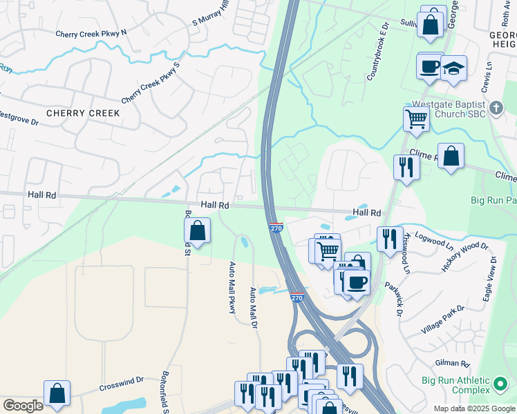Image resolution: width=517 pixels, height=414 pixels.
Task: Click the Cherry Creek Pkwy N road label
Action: (x=91, y=33)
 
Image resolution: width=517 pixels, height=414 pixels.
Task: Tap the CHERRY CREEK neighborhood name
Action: (x=83, y=113)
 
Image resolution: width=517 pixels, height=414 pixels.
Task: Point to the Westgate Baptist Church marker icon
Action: (x=496, y=108)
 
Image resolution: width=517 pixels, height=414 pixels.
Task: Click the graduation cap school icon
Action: (x=454, y=69)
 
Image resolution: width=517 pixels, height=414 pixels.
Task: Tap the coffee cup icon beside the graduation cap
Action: (x=430, y=66)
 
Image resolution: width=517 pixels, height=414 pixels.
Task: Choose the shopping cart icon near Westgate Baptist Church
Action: (x=416, y=118)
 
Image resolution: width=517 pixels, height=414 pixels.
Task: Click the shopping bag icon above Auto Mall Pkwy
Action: (x=198, y=230)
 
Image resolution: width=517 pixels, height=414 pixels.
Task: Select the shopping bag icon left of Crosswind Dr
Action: (x=57, y=393)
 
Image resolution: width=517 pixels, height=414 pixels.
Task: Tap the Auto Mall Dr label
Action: (x=253, y=308)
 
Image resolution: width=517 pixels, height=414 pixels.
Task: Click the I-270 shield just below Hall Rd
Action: (x=276, y=227)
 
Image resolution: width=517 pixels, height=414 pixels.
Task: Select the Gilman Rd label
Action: (x=453, y=363)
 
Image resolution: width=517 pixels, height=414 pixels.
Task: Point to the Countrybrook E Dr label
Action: (x=379, y=50)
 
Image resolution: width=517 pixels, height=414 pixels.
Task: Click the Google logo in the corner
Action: (x=23, y=406)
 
